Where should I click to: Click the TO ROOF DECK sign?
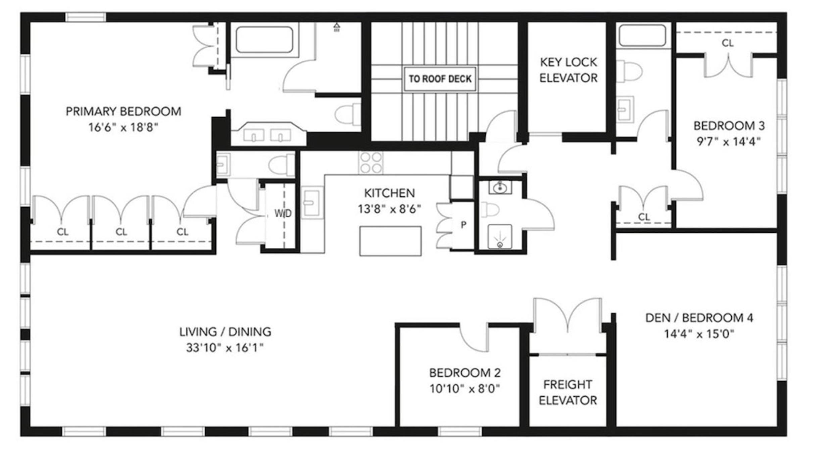pyautogui.click(x=440, y=79)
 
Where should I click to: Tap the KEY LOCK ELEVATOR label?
pyautogui.click(x=568, y=70)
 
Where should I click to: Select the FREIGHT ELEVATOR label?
pyautogui.click(x=568, y=392)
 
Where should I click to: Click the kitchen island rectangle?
pyautogui.click(x=390, y=241)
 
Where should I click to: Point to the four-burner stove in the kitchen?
pyautogui.click(x=371, y=163)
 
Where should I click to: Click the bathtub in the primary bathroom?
pyautogui.click(x=264, y=40)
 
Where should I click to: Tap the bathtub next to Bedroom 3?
pyautogui.click(x=642, y=35)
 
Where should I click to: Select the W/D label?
pyautogui.click(x=283, y=213)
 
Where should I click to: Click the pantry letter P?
pyautogui.click(x=463, y=225)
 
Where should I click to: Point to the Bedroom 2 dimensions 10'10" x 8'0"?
pyautogui.click(x=464, y=389)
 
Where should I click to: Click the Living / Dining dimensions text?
pyautogui.click(x=225, y=348)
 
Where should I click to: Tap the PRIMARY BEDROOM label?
pyautogui.click(x=123, y=111)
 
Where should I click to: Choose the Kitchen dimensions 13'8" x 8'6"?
pyautogui.click(x=389, y=209)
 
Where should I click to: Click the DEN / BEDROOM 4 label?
pyautogui.click(x=699, y=318)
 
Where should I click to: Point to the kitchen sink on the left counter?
pyautogui.click(x=312, y=202)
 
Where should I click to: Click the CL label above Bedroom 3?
pyautogui.click(x=727, y=43)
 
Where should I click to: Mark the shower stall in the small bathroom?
pyautogui.click(x=500, y=237)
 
